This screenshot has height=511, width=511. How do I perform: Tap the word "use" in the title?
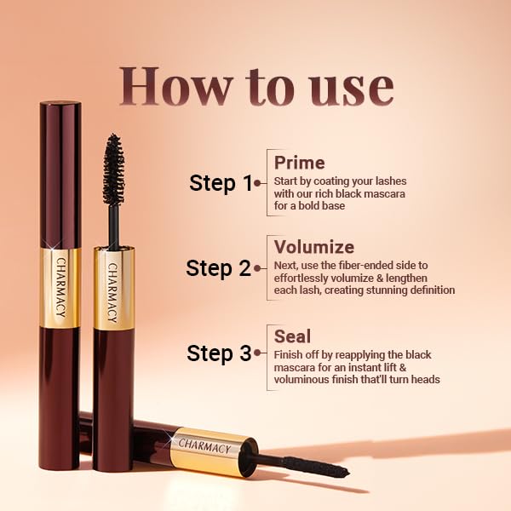[351, 87]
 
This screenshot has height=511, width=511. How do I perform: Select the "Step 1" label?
[221, 182]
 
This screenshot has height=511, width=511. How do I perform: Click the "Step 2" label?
[219, 268]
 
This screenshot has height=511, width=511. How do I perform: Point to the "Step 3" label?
[219, 353]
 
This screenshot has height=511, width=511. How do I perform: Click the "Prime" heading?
[299, 162]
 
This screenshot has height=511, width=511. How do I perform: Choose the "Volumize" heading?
[313, 247]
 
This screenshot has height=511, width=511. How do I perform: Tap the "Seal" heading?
[291, 335]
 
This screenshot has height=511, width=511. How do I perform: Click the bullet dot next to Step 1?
[257, 182]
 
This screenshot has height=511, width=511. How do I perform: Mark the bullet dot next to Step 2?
[257, 268]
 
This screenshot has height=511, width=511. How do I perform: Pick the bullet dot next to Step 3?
[257, 353]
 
